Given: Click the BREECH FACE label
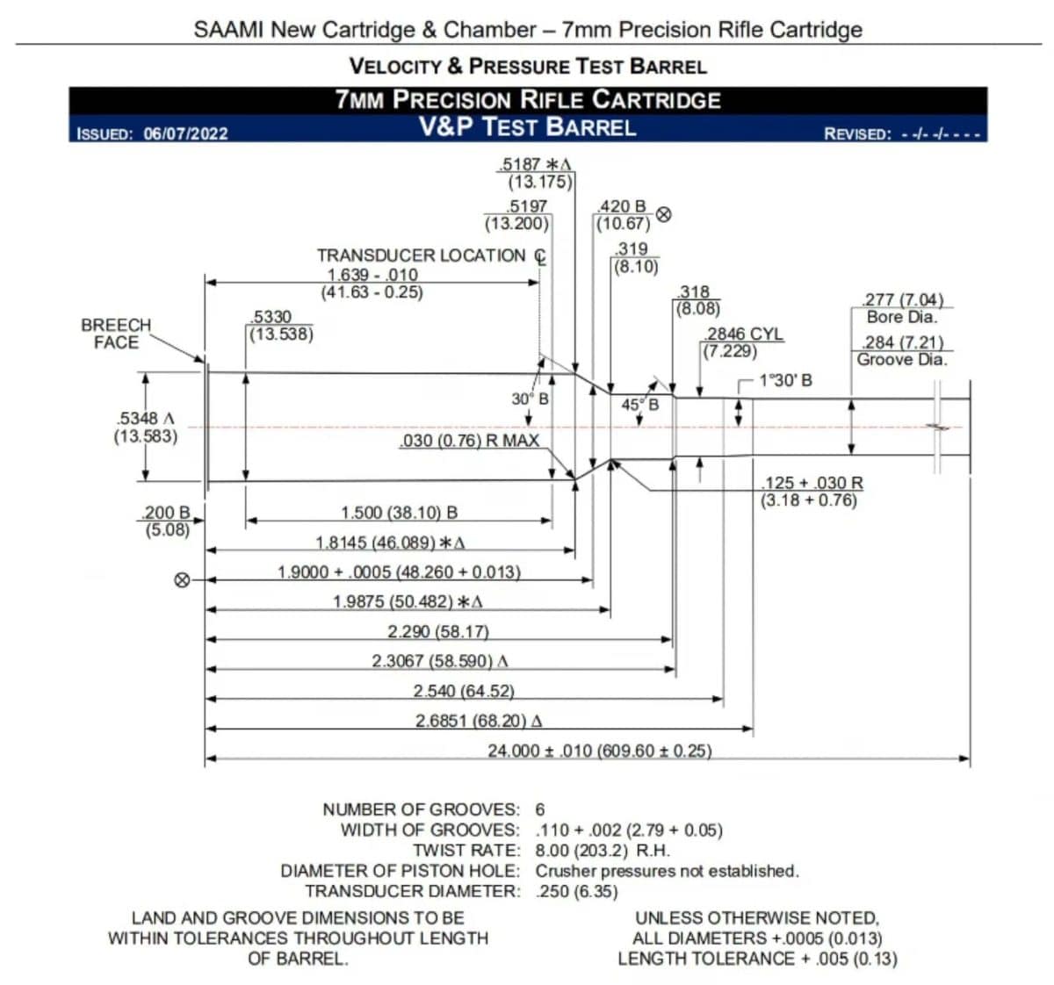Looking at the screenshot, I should coord(116,334).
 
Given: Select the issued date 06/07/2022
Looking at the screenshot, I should coord(185,133).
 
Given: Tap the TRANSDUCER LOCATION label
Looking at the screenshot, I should coord(422,255).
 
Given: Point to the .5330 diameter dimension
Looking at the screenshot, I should coord(271,317).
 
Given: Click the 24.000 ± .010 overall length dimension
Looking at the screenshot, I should coord(599,751).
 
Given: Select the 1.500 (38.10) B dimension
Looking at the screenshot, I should coord(399,513).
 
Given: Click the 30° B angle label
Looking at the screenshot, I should coord(530,399).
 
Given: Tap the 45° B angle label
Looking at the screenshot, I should coord(639,405).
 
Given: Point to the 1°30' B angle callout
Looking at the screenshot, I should coord(785,380).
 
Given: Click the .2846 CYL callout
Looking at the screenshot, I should coord(744,334).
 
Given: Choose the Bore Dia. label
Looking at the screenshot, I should coord(902,317).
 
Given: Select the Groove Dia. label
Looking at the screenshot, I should coord(902,359).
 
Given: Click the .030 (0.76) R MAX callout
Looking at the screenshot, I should coord(469,441).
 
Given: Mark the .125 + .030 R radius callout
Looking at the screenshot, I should coord(812,483).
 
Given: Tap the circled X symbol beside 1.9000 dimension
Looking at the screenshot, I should coord(182,579).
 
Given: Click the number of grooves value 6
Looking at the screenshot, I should coord(540,809).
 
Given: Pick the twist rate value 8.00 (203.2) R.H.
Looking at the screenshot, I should coord(603,850).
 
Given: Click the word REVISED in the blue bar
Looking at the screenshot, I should coord(856,134).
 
